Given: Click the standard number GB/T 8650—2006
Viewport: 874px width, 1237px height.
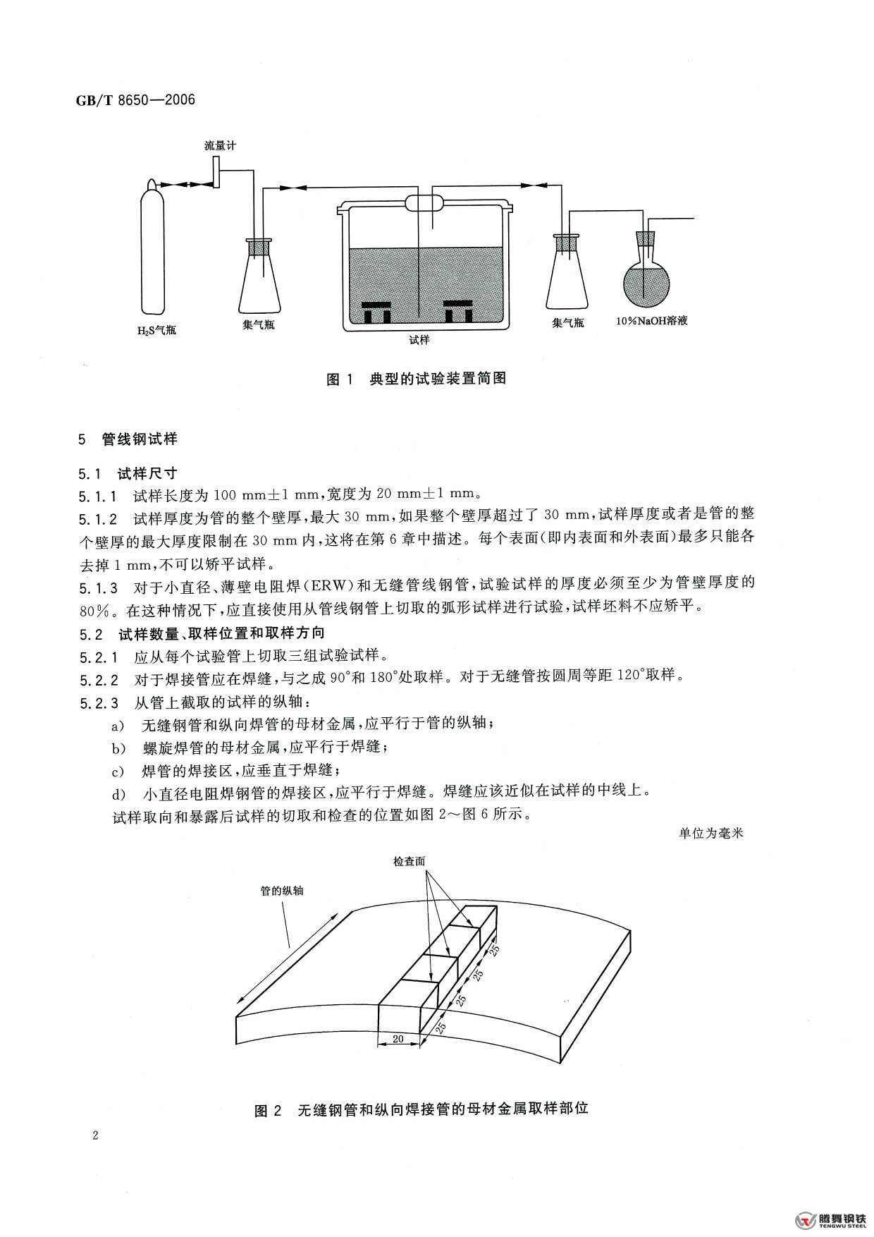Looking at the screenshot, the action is pyautogui.click(x=135, y=100).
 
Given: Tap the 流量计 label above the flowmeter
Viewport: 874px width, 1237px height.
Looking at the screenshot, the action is pyautogui.click(x=220, y=146).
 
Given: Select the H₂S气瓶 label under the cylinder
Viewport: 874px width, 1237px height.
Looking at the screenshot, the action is pyautogui.click(x=156, y=330).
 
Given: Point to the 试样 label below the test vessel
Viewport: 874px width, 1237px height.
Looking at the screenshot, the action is pyautogui.click(x=419, y=340).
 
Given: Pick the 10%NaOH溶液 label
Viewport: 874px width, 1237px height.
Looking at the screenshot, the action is pyautogui.click(x=651, y=321).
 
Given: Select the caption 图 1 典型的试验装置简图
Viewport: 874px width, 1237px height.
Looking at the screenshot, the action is pyautogui.click(x=417, y=379).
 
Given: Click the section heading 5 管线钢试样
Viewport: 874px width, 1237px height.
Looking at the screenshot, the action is pyautogui.click(x=128, y=439).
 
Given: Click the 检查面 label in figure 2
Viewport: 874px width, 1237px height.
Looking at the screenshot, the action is pyautogui.click(x=409, y=862).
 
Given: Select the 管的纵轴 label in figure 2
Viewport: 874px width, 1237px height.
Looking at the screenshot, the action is pyautogui.click(x=282, y=891).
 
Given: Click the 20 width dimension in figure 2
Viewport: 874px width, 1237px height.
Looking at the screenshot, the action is pyautogui.click(x=398, y=1039).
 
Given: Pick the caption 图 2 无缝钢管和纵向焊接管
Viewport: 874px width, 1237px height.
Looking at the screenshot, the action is pyautogui.click(x=421, y=1109).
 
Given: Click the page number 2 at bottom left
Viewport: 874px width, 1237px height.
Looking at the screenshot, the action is pyautogui.click(x=94, y=1136).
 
